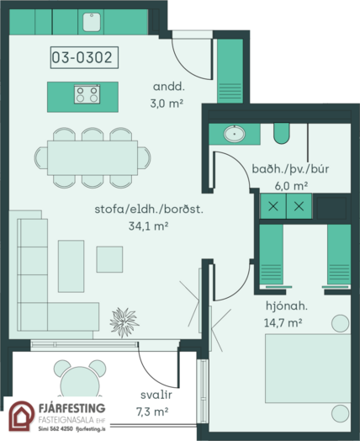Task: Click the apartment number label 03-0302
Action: coord(84,57)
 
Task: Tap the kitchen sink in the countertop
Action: coord(92,22)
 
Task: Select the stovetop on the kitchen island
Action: coord(87,94)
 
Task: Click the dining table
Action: coord(93,157)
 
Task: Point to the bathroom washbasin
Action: coord(234,134)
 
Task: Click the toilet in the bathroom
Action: coord(281,133)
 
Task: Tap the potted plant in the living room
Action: coord(124,322)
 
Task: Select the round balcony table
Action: coord(80,382)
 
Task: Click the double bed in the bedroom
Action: coord(308,369)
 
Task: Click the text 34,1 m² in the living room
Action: coord(148,226)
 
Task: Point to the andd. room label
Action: coord(169,87)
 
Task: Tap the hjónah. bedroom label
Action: coord(287,306)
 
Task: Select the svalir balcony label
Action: coord(156,395)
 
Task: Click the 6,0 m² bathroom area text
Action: coord(291,186)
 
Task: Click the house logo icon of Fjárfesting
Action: coord(21,416)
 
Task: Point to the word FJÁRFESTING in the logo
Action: coord(72,408)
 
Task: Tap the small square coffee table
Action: coord(109,259)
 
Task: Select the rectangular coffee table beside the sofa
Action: coord(71,266)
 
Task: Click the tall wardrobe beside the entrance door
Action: coord(230,71)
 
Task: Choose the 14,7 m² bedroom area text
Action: coord(283,322)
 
